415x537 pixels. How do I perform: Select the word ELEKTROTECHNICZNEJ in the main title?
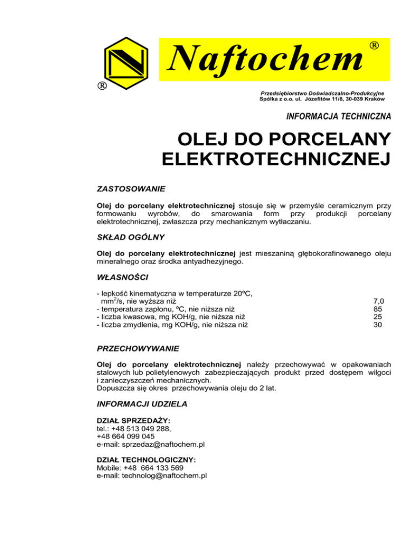click(276, 160)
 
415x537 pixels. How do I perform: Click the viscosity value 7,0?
click(378, 300)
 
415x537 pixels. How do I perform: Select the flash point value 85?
click(378, 309)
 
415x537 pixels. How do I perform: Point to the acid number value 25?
click(378, 317)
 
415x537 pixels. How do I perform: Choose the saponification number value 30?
click(378, 325)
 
